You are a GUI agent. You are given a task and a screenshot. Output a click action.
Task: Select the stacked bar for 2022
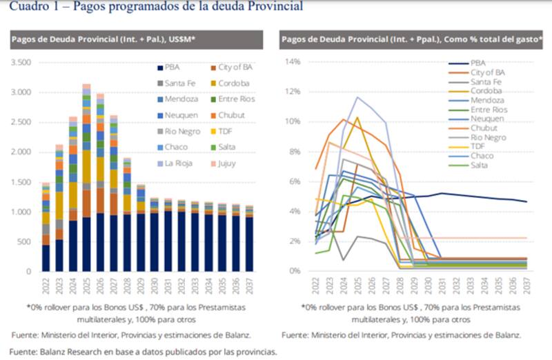pyautogui.click(x=46, y=228)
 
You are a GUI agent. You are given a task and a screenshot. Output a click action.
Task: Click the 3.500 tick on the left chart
pyautogui.click(x=21, y=62)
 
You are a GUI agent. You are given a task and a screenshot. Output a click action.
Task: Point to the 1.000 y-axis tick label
pyautogui.click(x=21, y=212)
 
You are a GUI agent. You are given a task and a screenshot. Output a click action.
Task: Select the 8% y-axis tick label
pyautogui.click(x=295, y=152)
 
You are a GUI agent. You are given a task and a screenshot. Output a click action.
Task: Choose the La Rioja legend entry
pyautogui.click(x=177, y=163)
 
